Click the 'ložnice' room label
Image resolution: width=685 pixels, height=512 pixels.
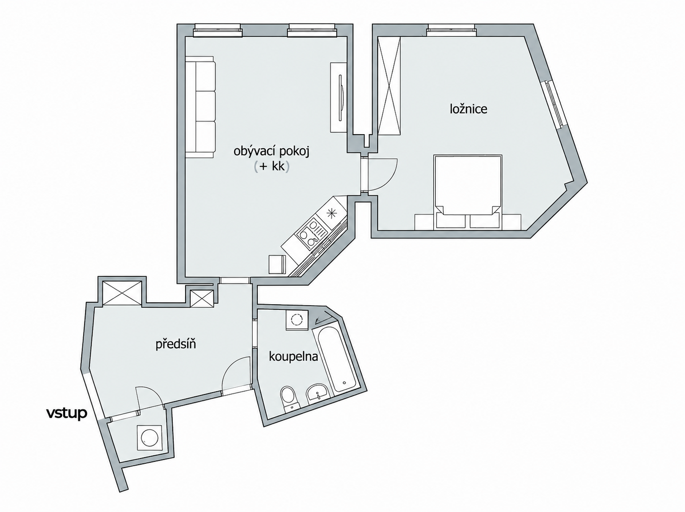468,109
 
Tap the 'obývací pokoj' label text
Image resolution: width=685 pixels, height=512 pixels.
271,152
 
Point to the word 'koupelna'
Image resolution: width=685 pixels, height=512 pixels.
293,357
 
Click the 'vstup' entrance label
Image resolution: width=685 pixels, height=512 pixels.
67,413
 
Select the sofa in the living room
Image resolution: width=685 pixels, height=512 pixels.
201,107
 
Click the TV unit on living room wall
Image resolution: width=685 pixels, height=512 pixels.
339,97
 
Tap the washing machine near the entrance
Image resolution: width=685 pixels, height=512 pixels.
150,438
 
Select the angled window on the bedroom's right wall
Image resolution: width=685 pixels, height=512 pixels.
555,103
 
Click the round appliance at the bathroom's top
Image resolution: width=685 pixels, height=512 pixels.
297,320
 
